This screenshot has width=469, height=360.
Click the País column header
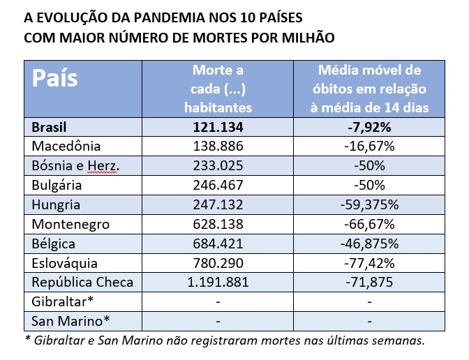point(56,78)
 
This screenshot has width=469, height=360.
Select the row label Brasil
point(52,127)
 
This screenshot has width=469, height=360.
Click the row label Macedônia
point(67,147)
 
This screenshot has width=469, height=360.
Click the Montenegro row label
point(71,225)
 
